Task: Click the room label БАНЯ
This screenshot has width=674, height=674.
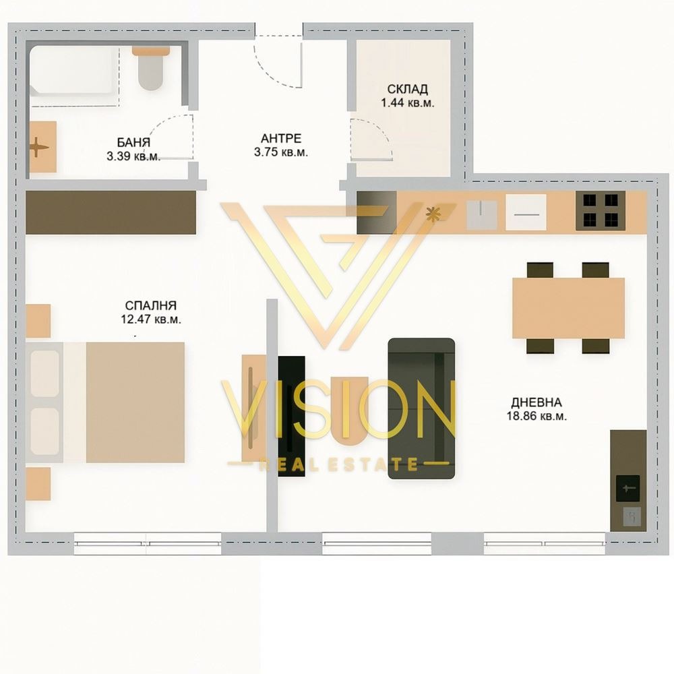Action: [x=133, y=142]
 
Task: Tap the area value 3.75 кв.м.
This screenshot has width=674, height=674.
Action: [x=281, y=152]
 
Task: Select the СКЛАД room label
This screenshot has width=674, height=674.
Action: [x=408, y=89]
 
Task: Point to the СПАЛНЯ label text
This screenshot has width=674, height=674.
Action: [x=150, y=305]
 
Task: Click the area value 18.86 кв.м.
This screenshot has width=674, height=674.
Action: [x=537, y=416]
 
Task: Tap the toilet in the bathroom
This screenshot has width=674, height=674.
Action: [x=151, y=68]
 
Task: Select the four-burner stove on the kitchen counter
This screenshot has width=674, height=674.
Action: [x=601, y=210]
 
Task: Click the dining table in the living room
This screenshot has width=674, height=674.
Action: [x=568, y=308]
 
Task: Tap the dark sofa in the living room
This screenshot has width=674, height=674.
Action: [x=421, y=408]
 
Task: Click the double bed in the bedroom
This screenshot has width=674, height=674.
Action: [x=105, y=402]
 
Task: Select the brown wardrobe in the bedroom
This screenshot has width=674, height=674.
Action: [x=111, y=212]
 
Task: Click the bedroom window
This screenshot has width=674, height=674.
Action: [x=148, y=543]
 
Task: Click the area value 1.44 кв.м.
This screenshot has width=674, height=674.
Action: [x=408, y=103]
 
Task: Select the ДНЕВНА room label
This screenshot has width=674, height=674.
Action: [x=537, y=402]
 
